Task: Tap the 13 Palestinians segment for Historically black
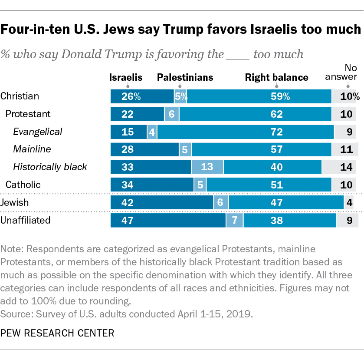207,167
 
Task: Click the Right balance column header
276,78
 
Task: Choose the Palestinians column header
185,78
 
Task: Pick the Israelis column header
126,78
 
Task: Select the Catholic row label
23,185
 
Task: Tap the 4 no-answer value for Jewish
349,202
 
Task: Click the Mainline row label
32,149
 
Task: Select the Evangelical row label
38,132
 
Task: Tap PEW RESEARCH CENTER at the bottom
58,333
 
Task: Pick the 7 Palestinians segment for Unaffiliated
234,220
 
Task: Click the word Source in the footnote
14,313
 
